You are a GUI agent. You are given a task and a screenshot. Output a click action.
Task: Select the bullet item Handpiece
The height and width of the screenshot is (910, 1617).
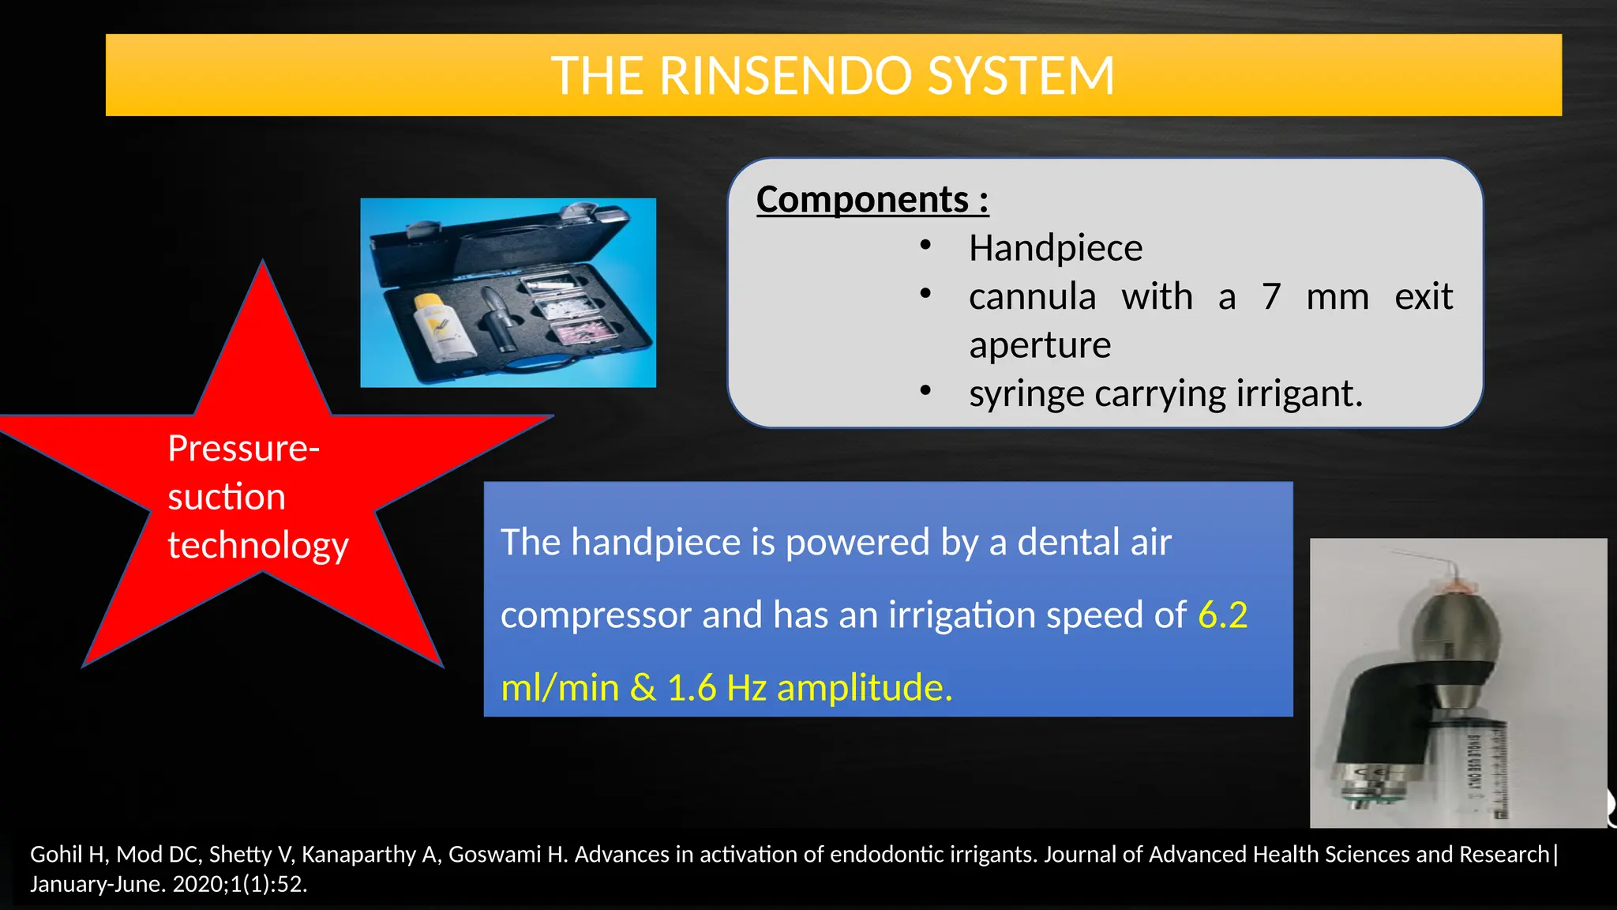1055,248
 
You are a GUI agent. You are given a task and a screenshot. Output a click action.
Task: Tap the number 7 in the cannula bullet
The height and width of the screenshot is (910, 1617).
1270,297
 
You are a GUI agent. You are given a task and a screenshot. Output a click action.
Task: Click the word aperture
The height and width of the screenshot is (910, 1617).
1039,345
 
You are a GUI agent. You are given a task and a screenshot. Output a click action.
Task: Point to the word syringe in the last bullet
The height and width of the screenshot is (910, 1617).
1026,394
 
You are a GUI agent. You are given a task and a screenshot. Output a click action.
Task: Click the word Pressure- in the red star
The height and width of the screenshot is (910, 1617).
243,449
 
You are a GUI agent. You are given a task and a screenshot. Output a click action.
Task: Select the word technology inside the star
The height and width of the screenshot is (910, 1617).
257,546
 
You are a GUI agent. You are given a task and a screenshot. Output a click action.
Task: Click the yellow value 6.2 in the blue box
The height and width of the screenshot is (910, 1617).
1222,615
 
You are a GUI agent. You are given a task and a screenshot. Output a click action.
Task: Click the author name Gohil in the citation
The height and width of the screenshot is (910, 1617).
55,855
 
